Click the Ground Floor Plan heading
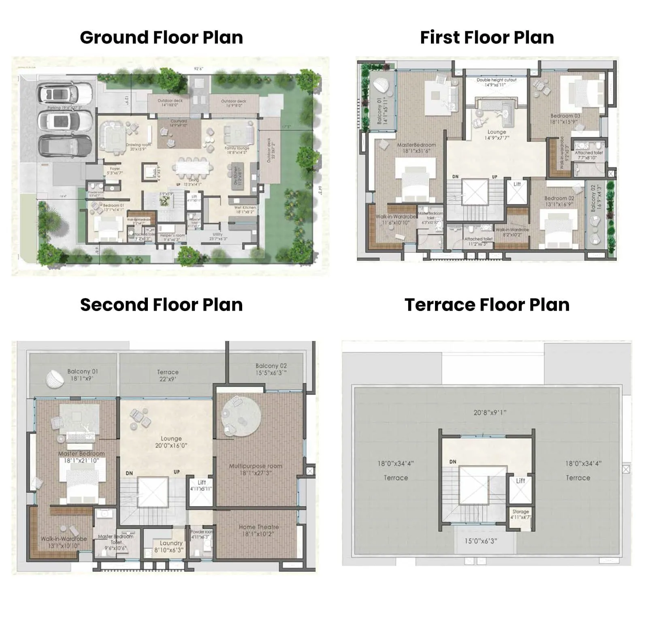(x=161, y=37)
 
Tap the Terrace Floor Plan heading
(x=487, y=305)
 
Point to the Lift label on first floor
(x=517, y=184)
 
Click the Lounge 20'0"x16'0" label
(x=171, y=442)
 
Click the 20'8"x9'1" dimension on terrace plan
(x=490, y=413)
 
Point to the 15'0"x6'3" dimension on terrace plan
(x=480, y=541)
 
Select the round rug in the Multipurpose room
(x=241, y=417)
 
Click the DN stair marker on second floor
(x=129, y=473)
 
